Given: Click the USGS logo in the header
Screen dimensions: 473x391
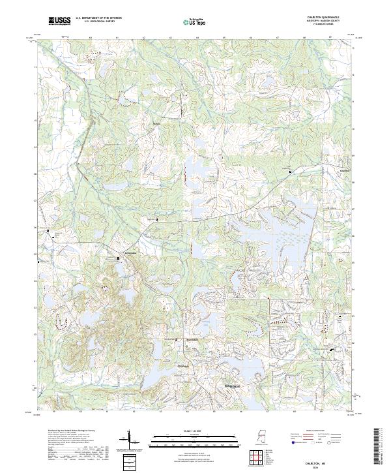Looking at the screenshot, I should coord(59,22).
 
